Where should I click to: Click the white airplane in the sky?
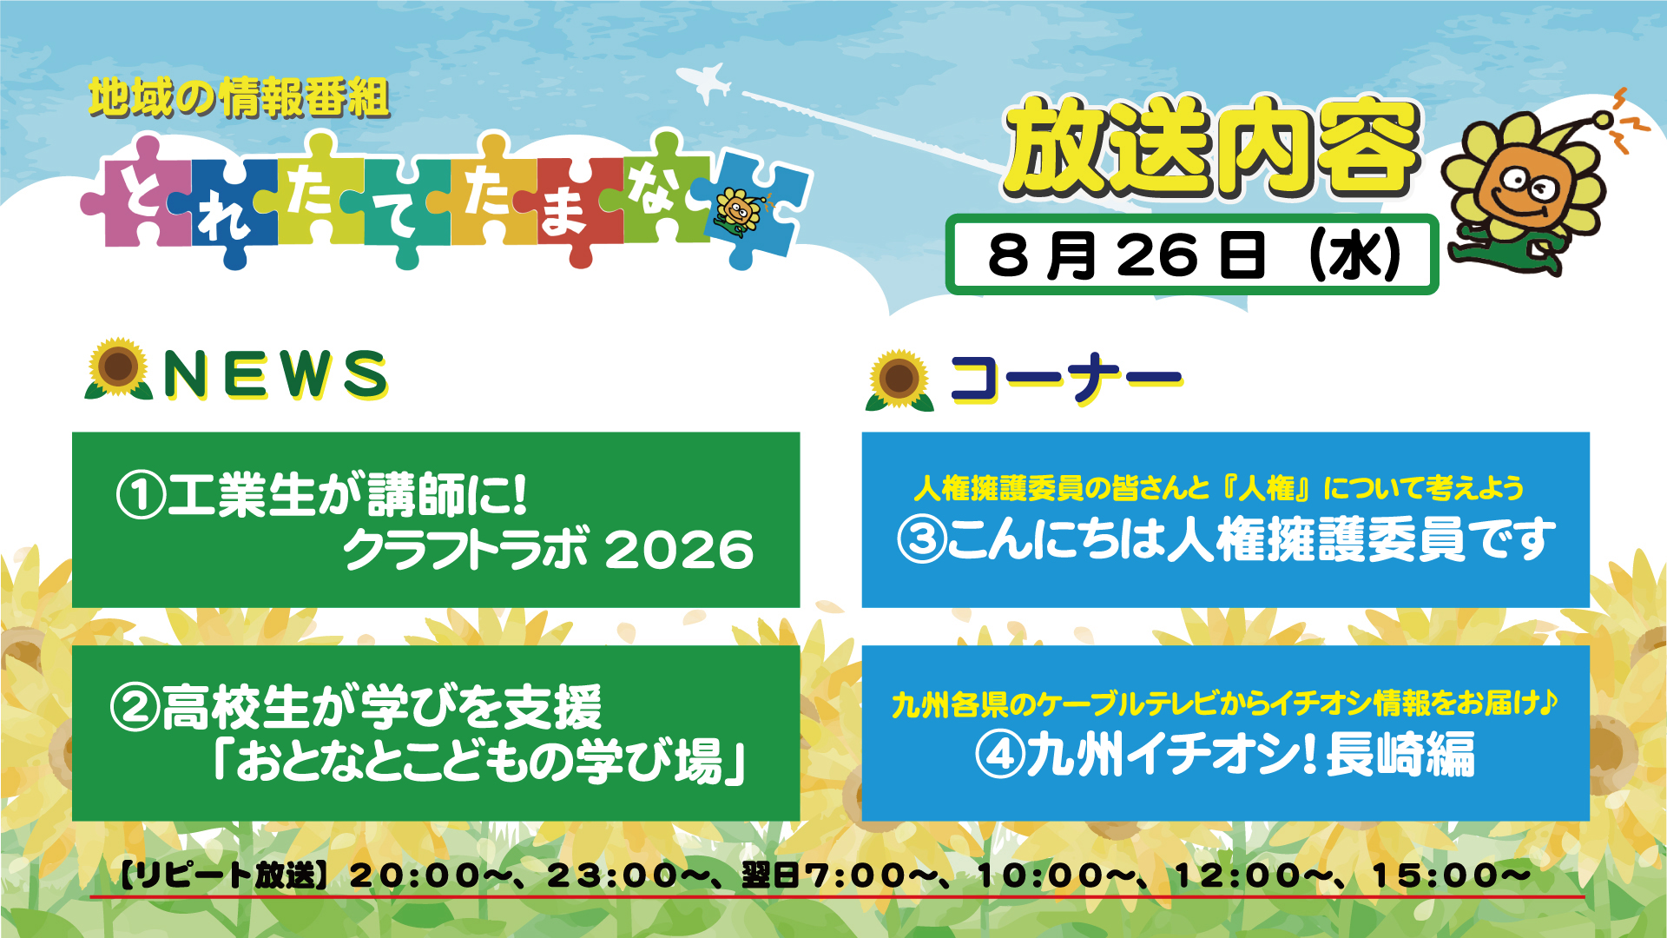pyautogui.click(x=705, y=83)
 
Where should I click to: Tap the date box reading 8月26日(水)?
pyautogui.click(x=1191, y=254)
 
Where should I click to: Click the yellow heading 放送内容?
pyautogui.click(x=1211, y=147)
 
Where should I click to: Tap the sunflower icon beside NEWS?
pyautogui.click(x=118, y=369)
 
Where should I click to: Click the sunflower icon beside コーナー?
pyautogui.click(x=899, y=380)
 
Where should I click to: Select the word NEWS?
pyautogui.click(x=275, y=374)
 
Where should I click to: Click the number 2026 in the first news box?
pyautogui.click(x=679, y=550)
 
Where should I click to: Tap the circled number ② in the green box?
pyautogui.click(x=135, y=707)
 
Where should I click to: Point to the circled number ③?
pyautogui.click(x=920, y=539)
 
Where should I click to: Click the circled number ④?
pyautogui.click(x=1000, y=754)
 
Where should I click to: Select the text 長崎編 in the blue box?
pyautogui.click(x=1400, y=754)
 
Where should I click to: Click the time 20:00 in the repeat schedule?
pyautogui.click(x=414, y=875)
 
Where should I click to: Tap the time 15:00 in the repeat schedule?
pyautogui.click(x=1437, y=875)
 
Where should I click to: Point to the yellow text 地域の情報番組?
pyautogui.click(x=239, y=97)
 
